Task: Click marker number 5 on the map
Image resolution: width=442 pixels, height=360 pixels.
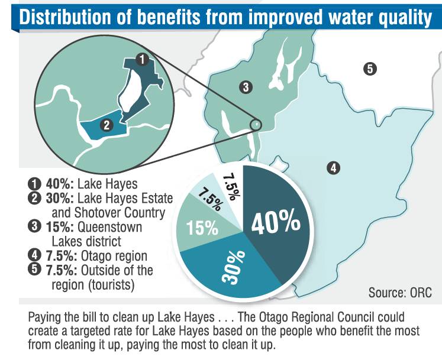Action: [370, 69]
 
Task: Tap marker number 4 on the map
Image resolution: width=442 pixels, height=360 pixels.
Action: [333, 168]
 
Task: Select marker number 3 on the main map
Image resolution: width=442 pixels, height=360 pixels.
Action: [246, 87]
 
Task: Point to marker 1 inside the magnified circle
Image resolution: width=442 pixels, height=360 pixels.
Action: [142, 59]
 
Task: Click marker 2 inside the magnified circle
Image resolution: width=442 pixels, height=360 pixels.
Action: [107, 125]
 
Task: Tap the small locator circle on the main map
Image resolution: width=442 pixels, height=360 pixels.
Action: [256, 124]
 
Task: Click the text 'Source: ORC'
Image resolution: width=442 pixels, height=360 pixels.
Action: [400, 293]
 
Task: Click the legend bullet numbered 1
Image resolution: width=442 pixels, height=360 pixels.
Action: [34, 184]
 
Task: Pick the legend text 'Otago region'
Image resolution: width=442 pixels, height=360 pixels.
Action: [114, 256]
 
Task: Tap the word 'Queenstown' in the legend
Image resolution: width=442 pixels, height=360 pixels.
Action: [109, 227]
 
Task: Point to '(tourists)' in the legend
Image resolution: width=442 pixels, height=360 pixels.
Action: [111, 285]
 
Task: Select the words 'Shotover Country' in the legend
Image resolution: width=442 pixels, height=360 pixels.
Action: [120, 213]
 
